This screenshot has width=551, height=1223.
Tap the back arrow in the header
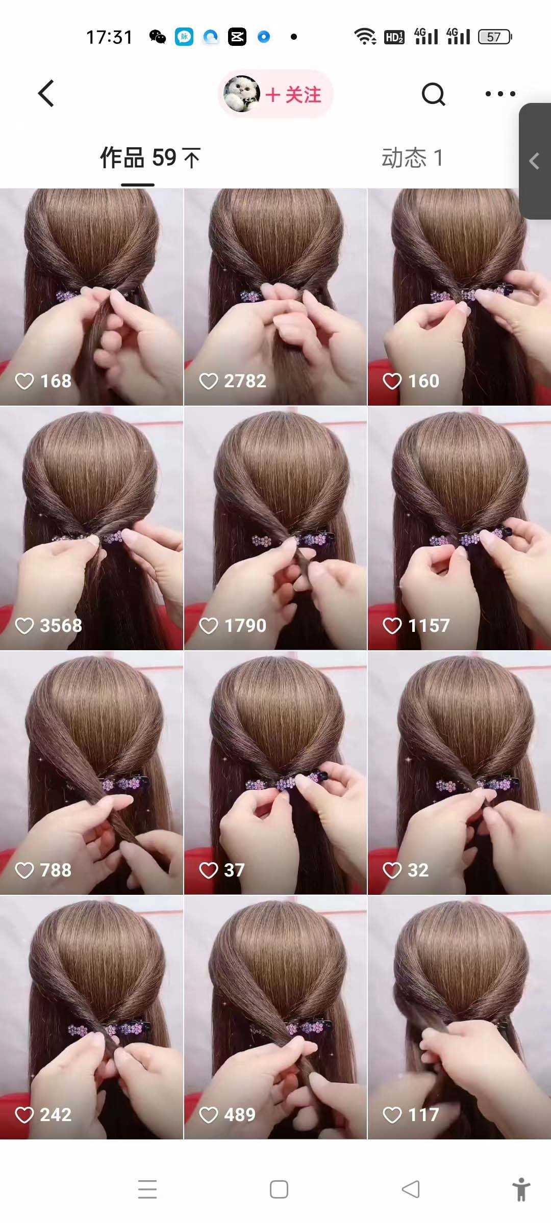tap(46, 94)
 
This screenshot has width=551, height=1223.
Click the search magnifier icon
tap(434, 94)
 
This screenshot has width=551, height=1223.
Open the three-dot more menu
tap(500, 94)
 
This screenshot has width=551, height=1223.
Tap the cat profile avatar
tap(241, 94)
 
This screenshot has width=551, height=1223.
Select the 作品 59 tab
tap(150, 157)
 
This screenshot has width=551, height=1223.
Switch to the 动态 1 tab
tap(412, 157)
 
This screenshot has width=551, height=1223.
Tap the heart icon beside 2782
tap(208, 381)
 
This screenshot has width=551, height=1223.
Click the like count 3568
tap(61, 625)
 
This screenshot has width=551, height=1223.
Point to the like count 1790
tap(245, 625)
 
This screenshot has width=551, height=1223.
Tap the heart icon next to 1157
tap(392, 625)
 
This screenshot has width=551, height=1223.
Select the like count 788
tap(56, 870)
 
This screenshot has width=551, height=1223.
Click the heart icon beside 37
tap(208, 870)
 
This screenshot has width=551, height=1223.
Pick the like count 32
tap(418, 870)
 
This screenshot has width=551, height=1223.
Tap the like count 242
tap(56, 1114)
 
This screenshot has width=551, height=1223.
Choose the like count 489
tap(240, 1114)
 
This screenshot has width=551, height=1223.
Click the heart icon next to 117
tap(392, 1114)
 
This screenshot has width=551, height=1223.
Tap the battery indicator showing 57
tap(495, 37)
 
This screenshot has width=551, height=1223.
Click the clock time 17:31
tap(109, 37)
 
